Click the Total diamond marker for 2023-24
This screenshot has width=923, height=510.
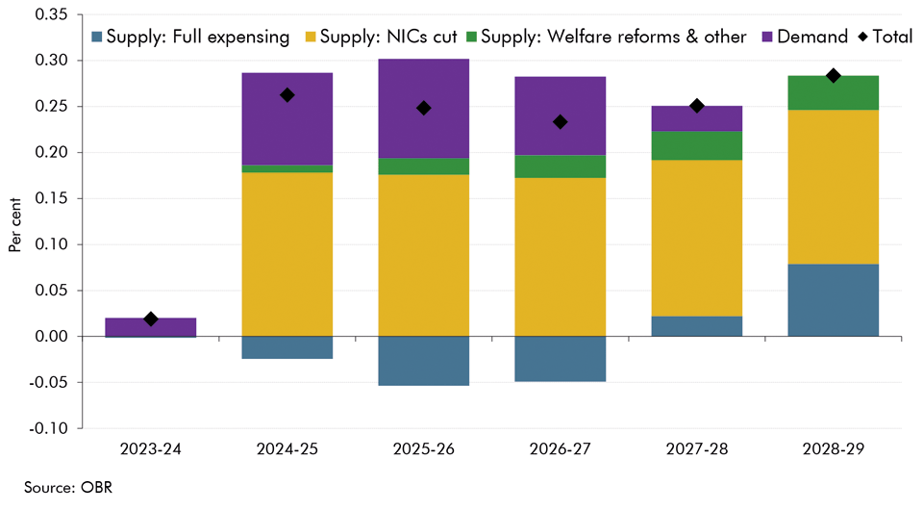click(x=150, y=319)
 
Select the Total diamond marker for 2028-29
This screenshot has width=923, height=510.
click(x=834, y=75)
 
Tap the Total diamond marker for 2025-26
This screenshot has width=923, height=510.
click(x=423, y=108)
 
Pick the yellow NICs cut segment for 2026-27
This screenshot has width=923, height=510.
click(x=560, y=257)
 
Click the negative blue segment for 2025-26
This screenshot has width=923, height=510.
click(x=423, y=361)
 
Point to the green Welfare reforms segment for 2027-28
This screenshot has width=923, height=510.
click(x=697, y=145)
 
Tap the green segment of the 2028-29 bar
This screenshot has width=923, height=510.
click(x=834, y=92)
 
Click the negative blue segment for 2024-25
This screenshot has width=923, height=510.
click(x=287, y=347)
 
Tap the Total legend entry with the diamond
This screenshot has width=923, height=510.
click(x=884, y=38)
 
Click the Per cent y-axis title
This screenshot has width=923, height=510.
click(x=15, y=226)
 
